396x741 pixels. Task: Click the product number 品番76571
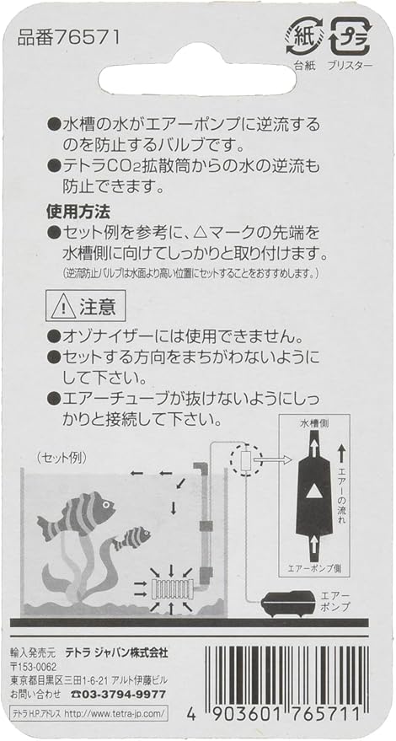click(x=67, y=38)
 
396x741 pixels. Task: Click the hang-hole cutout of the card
click(x=197, y=80)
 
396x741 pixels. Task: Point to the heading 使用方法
click(x=78, y=212)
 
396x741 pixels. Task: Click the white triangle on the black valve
click(x=313, y=493)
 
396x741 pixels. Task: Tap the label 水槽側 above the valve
click(x=313, y=423)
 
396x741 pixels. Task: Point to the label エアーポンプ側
click(x=313, y=567)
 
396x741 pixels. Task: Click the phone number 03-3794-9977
click(x=118, y=695)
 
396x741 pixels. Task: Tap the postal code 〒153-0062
click(x=33, y=668)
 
